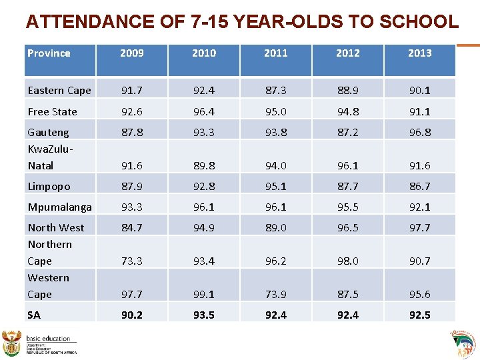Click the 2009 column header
pos(131,53)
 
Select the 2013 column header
pos(419,53)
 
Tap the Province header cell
pos(49,53)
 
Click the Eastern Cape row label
pos(59,90)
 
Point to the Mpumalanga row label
pos(59,207)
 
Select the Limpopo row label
pos(49,186)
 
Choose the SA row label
pos(34,315)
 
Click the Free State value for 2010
pos(203,111)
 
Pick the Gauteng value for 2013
pos(419,132)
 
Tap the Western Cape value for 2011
pos(275,294)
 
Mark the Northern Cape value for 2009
pos(131,261)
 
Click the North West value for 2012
pos(347,227)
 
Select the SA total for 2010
pos(203,315)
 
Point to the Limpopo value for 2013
pos(419,186)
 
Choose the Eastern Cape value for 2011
pos(275,90)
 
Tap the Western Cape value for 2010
pos(203,294)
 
